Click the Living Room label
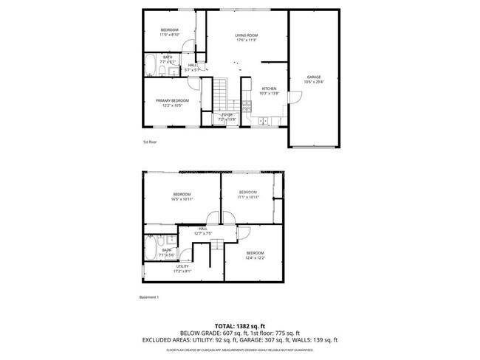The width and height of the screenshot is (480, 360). (x=246, y=38)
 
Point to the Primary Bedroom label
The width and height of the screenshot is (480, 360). (x=172, y=103)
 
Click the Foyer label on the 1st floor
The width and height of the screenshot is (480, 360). (x=226, y=117)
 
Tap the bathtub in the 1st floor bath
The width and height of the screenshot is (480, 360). (x=149, y=65)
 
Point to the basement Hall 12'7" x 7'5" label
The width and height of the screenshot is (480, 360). (x=202, y=231)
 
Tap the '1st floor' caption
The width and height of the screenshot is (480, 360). (x=150, y=141)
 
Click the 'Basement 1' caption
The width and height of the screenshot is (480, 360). (x=150, y=297)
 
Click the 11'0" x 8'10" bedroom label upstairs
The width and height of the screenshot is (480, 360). (x=169, y=32)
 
